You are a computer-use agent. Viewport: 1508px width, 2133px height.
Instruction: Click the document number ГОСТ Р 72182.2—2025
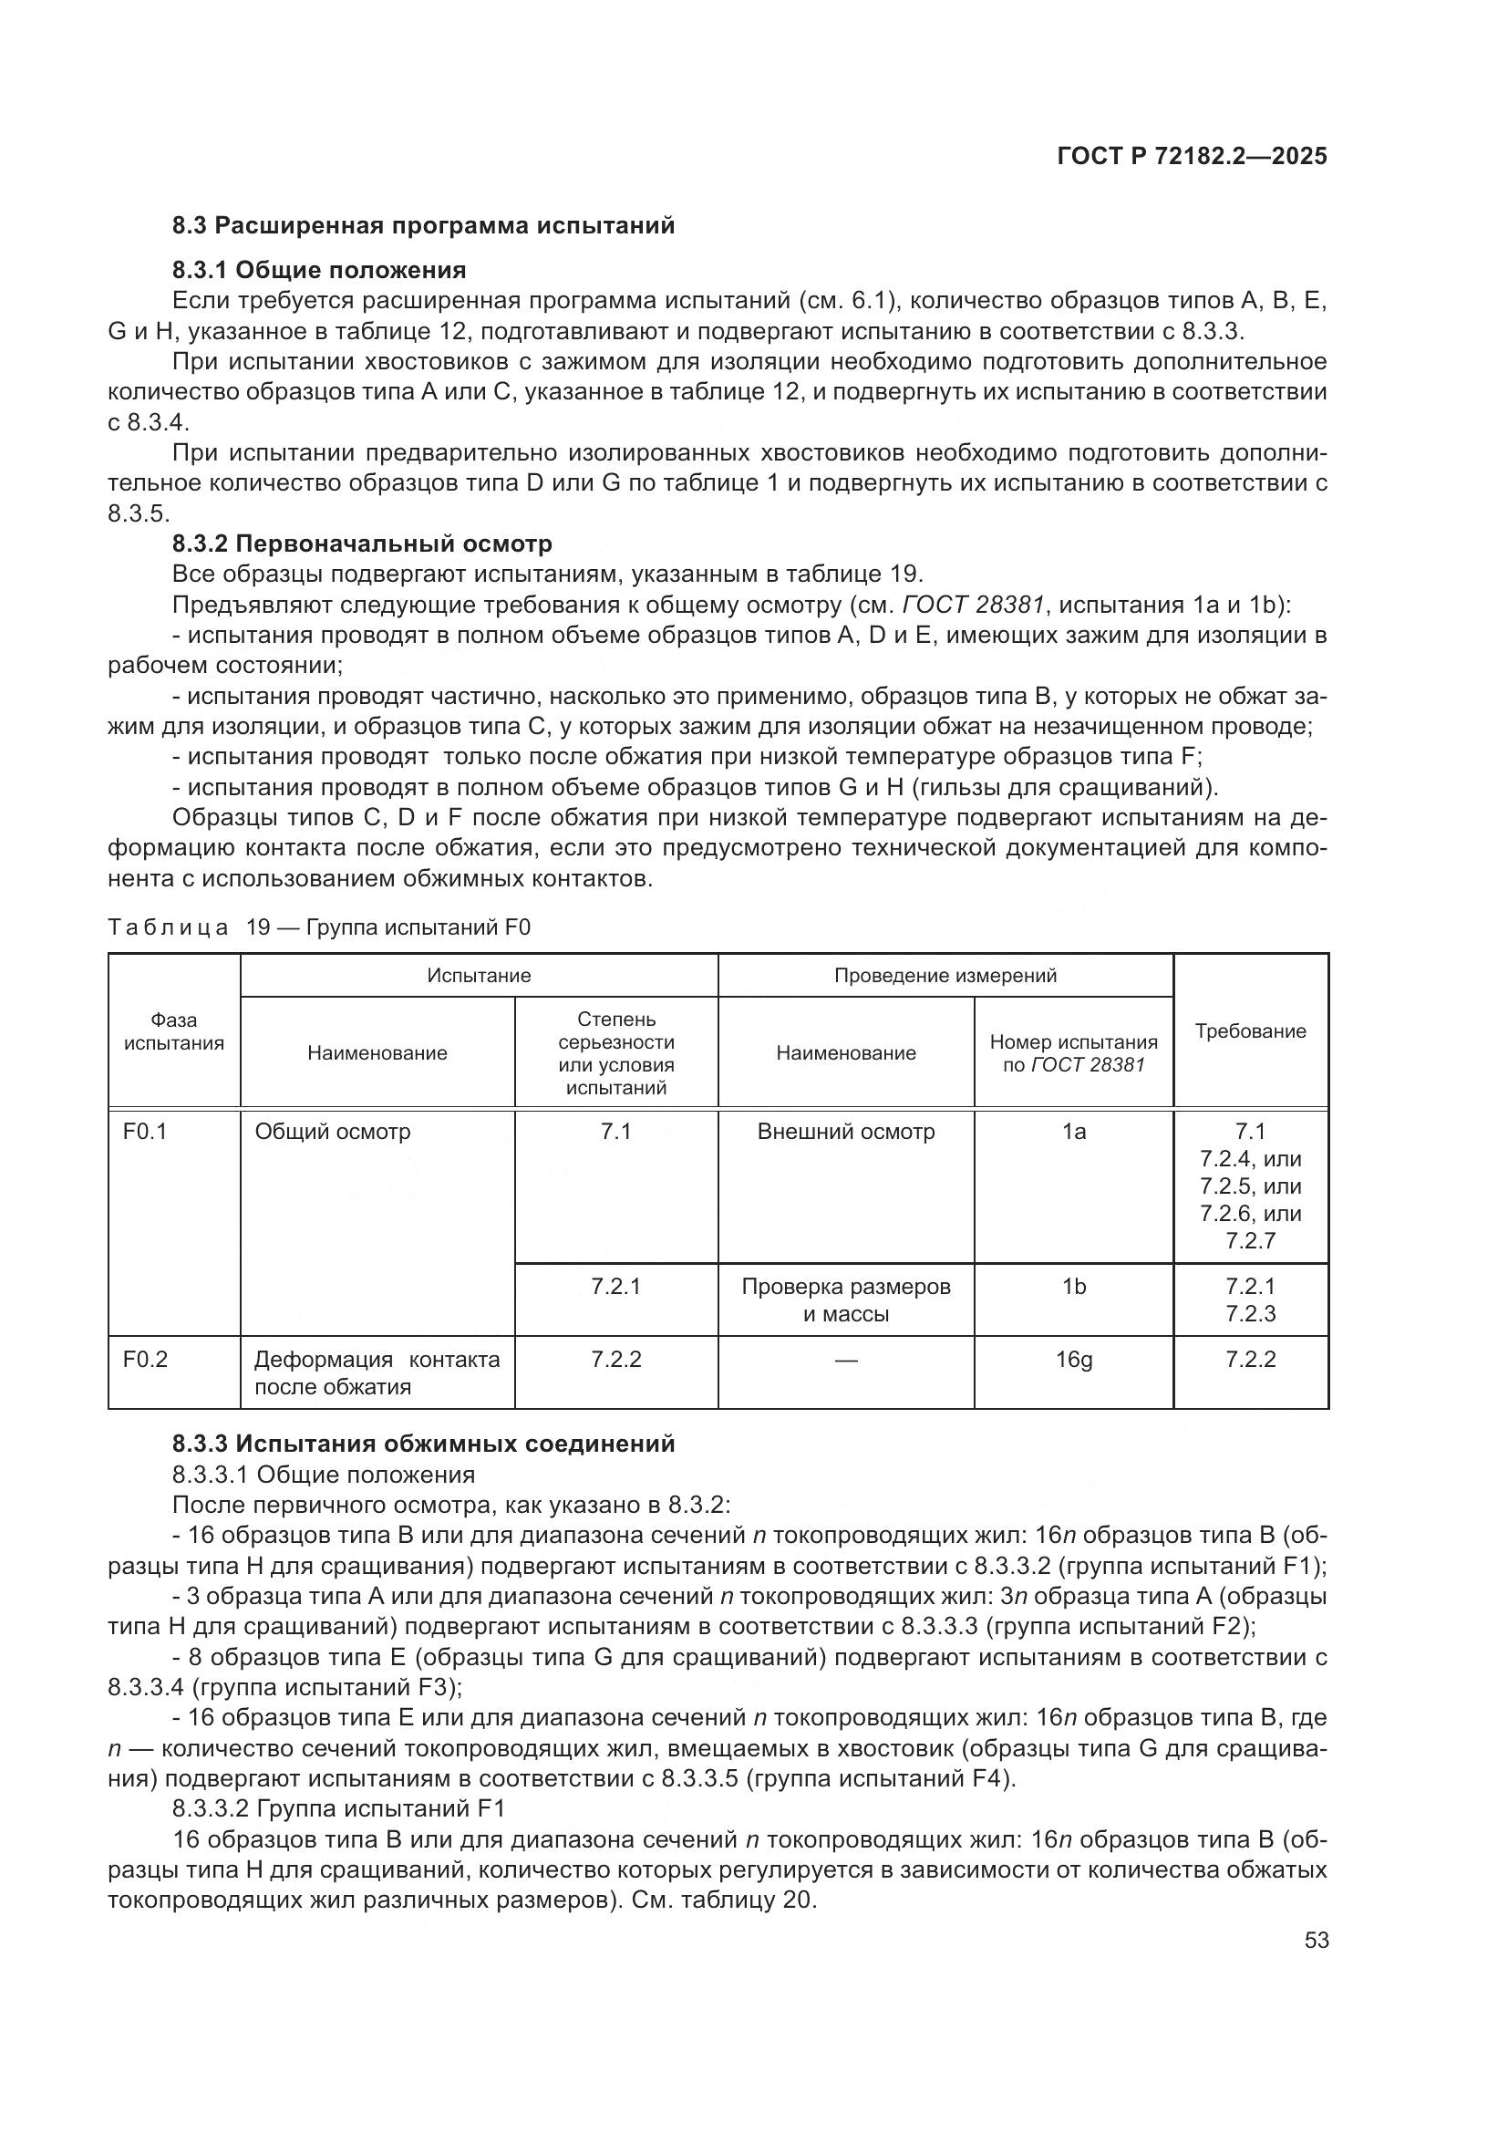click(x=1192, y=156)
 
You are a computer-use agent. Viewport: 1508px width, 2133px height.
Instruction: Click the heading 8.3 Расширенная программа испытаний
click(x=423, y=226)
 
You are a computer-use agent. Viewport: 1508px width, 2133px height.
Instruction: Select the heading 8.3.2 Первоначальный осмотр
click(x=362, y=544)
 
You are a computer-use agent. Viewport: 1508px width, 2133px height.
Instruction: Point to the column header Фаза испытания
click(x=173, y=1031)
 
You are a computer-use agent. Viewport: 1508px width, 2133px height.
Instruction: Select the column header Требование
click(x=1250, y=1031)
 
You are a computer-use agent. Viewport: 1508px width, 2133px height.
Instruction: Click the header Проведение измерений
click(x=945, y=976)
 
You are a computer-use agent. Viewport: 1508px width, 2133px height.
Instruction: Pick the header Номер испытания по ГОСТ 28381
click(x=1073, y=1053)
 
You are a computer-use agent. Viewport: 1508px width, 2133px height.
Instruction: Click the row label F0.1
click(x=145, y=1132)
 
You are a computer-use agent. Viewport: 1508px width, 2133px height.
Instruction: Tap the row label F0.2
click(x=145, y=1360)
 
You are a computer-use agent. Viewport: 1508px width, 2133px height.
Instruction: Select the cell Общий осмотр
click(x=333, y=1132)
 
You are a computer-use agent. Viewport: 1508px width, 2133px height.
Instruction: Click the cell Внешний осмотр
click(x=846, y=1132)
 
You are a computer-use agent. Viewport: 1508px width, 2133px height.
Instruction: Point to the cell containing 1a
click(x=1073, y=1132)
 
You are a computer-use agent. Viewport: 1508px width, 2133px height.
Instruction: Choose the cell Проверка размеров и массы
click(x=846, y=1299)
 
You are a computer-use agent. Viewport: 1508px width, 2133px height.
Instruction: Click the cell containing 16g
click(x=1073, y=1360)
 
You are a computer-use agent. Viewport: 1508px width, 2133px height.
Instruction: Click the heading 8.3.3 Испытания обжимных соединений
click(x=423, y=1444)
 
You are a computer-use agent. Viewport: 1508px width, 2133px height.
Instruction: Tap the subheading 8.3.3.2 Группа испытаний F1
click(x=338, y=1808)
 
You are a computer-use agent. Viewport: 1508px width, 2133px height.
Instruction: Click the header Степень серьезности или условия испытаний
click(x=616, y=1053)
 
